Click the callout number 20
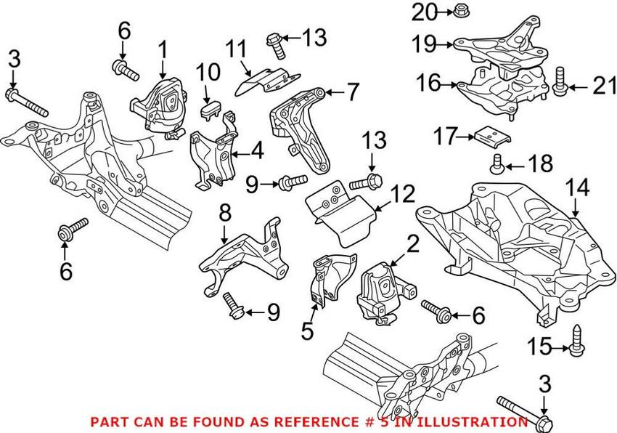(424, 12)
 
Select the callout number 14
(577, 187)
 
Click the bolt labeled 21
(560, 81)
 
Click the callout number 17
(446, 137)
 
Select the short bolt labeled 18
(497, 164)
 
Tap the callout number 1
(163, 49)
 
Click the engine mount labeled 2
(385, 291)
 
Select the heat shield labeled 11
(267, 81)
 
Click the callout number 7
(352, 92)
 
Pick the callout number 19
(424, 44)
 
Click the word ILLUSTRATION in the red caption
(471, 422)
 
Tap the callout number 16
(429, 83)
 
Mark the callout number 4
(258, 152)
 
